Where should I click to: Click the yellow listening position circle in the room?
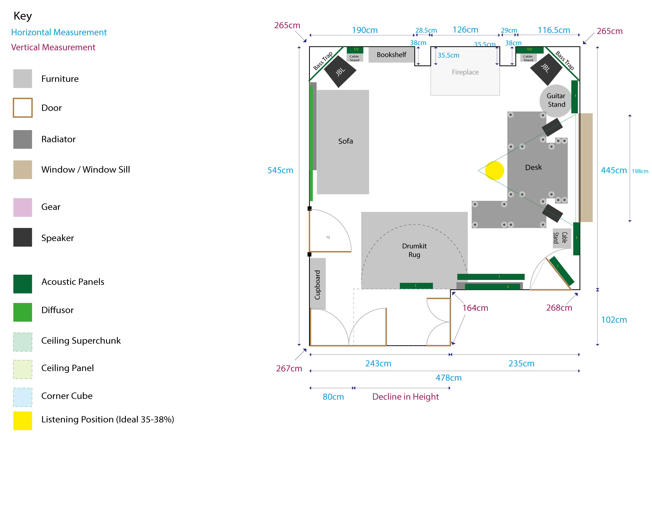tap(494, 171)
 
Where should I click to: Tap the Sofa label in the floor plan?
tap(345, 141)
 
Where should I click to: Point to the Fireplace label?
tap(465, 72)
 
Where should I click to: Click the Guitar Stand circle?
tap(556, 101)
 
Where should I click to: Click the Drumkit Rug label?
tap(414, 250)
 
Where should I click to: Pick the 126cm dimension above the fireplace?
tap(465, 30)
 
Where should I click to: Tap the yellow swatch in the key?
tap(23, 421)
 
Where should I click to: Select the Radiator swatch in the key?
tap(23, 139)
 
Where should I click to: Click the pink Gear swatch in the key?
tap(23, 207)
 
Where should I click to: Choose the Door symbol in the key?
tap(23, 108)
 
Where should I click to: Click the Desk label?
tap(533, 167)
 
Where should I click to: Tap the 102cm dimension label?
tap(614, 320)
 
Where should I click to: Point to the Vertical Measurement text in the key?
tap(53, 47)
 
